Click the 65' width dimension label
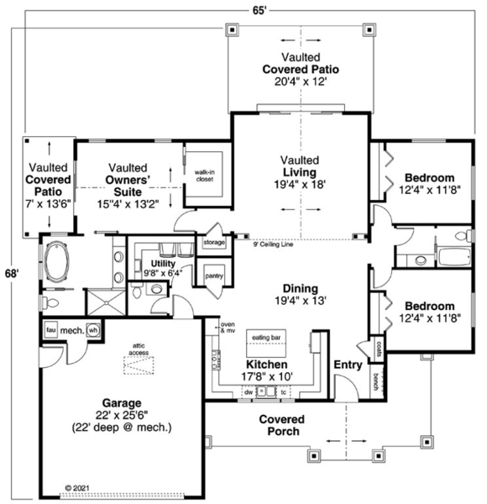pyautogui.click(x=261, y=9)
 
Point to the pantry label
pyautogui.click(x=213, y=275)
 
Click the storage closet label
pyautogui.click(x=215, y=243)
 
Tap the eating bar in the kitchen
pyautogui.click(x=265, y=337)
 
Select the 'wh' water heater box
pyautogui.click(x=92, y=330)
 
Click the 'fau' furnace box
pyautogui.click(x=50, y=330)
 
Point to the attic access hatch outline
pyautogui.click(x=139, y=364)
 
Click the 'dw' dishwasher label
pyautogui.click(x=249, y=391)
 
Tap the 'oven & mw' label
pyautogui.click(x=227, y=328)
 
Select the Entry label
pyautogui.click(x=348, y=365)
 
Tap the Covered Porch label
pyautogui.click(x=281, y=425)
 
